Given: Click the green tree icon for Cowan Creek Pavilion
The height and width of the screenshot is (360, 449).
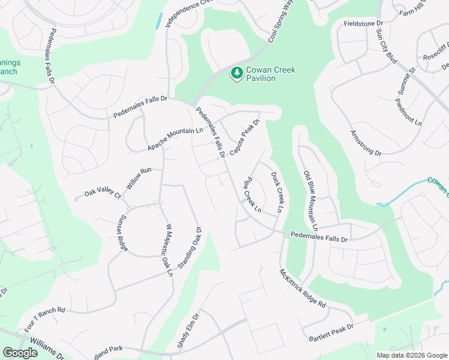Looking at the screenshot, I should tap(237, 73).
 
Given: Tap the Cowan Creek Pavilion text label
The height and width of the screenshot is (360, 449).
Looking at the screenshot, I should tap(268, 74).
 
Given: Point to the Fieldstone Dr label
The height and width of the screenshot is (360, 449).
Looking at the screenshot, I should tap(363, 23).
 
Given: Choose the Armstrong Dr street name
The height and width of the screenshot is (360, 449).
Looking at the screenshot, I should tap(366, 144).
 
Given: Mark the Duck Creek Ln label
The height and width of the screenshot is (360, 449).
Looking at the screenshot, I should tap(277, 193).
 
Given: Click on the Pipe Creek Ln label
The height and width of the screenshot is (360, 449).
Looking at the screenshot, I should tap(252, 195).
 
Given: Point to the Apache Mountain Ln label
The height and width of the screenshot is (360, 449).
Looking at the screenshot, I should tap(175, 139).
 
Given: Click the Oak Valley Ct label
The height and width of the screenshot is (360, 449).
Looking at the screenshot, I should tap(103, 192).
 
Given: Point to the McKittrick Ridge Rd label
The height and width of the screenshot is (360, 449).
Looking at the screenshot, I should tap(302, 289).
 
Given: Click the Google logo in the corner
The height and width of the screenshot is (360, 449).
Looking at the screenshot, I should tap(20, 353).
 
